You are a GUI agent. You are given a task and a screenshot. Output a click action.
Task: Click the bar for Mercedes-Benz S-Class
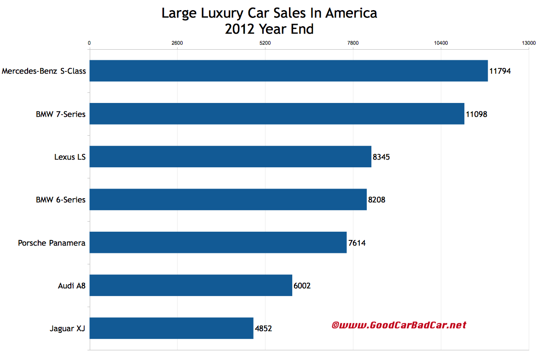tap(288, 71)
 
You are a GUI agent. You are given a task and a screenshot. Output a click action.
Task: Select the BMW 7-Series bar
tap(277, 114)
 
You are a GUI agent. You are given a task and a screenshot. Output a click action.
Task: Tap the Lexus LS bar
tap(230, 157)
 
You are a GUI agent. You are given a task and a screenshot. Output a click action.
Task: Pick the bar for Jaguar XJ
tap(171, 328)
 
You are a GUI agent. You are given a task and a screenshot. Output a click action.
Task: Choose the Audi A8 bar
tap(191, 286)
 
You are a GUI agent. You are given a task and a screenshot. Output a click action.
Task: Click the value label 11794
tap(500, 71)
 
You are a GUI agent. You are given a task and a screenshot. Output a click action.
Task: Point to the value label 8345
tap(381, 157)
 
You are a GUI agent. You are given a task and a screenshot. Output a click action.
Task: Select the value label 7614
tap(357, 243)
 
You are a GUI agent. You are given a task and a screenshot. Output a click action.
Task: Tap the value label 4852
tap(264, 329)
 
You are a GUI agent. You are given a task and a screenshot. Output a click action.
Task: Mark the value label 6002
tap(302, 286)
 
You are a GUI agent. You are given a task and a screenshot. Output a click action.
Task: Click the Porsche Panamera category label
tap(52, 243)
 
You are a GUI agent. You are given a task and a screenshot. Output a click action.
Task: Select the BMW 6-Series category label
tap(61, 200)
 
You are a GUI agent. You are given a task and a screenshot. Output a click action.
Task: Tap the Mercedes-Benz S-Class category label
tap(44, 71)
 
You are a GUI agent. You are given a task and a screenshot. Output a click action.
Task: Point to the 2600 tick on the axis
tap(177, 43)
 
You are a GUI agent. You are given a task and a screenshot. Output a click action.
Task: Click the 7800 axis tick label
tap(353, 43)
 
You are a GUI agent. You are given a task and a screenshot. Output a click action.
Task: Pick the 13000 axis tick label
tap(528, 43)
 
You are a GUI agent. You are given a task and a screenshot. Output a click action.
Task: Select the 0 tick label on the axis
tap(89, 43)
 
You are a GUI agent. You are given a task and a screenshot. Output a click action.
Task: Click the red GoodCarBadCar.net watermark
tap(398, 325)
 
